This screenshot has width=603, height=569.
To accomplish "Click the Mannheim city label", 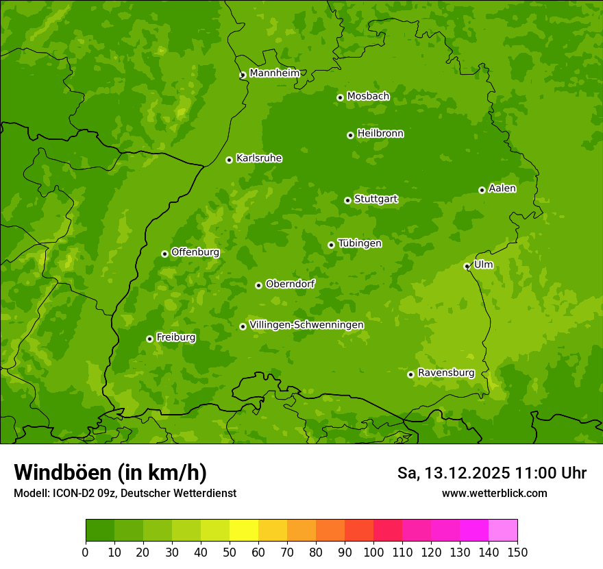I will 274,73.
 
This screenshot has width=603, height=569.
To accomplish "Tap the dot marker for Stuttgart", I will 347,200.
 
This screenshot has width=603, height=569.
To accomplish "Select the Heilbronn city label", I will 380,134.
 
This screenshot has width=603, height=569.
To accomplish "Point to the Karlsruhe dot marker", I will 229,160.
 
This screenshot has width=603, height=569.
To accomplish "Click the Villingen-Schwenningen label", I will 306,325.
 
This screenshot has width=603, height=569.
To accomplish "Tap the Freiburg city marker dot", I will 149,339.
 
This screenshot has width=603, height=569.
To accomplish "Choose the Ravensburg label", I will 446,373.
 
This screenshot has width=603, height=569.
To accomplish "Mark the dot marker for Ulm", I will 467,266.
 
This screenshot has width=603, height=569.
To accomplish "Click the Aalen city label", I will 502,189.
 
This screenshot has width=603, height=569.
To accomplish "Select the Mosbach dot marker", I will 340,97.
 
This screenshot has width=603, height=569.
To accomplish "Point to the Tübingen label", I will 360,243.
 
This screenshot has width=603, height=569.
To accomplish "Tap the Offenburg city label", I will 195,252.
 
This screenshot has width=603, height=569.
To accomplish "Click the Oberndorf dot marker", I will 258,285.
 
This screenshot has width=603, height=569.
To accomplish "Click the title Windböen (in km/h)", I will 110,472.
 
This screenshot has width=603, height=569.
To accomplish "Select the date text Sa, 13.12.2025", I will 454,473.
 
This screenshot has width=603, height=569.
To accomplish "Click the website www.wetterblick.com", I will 494,493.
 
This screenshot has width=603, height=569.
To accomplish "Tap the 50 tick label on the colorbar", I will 230,552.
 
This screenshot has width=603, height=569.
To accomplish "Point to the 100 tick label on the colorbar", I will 373,552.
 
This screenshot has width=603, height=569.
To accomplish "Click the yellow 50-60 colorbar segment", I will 244,531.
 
